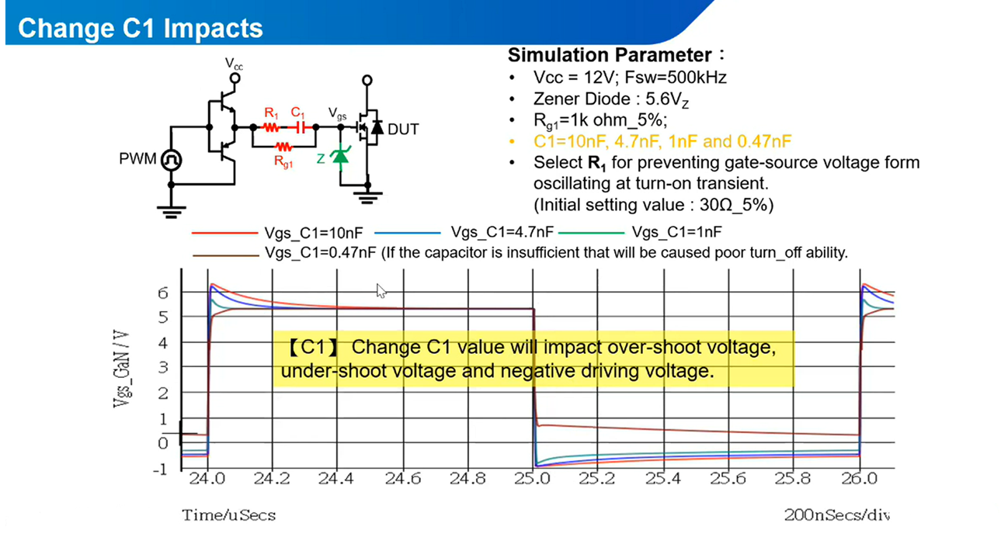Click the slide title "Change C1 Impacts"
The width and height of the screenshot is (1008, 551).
(140, 29)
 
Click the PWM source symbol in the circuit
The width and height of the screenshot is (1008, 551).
(171, 161)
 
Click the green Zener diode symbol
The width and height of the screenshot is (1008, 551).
(339, 156)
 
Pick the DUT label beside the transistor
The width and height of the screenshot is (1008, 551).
(403, 129)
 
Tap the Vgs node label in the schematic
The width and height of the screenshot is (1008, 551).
(338, 113)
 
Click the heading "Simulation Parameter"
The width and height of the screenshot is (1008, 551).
(610, 55)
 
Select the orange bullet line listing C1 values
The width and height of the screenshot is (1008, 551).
(662, 141)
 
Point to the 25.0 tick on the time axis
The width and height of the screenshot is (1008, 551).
(533, 479)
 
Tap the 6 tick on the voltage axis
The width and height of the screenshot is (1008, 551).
(163, 293)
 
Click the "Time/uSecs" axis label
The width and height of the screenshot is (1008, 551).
(229, 515)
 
